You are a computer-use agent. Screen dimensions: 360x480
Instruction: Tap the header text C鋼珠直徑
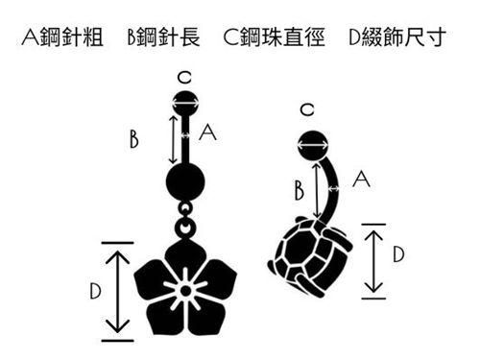pyautogui.click(x=273, y=40)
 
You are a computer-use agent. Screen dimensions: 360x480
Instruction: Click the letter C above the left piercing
pyautogui.click(x=183, y=78)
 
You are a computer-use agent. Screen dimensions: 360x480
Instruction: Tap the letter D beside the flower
pyautogui.click(x=91, y=289)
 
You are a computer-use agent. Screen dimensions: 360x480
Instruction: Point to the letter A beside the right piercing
pyautogui.click(x=361, y=178)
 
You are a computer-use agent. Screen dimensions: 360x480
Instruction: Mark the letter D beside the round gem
pyautogui.click(x=398, y=254)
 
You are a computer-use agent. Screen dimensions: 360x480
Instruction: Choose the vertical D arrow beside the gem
pyautogui.click(x=373, y=259)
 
